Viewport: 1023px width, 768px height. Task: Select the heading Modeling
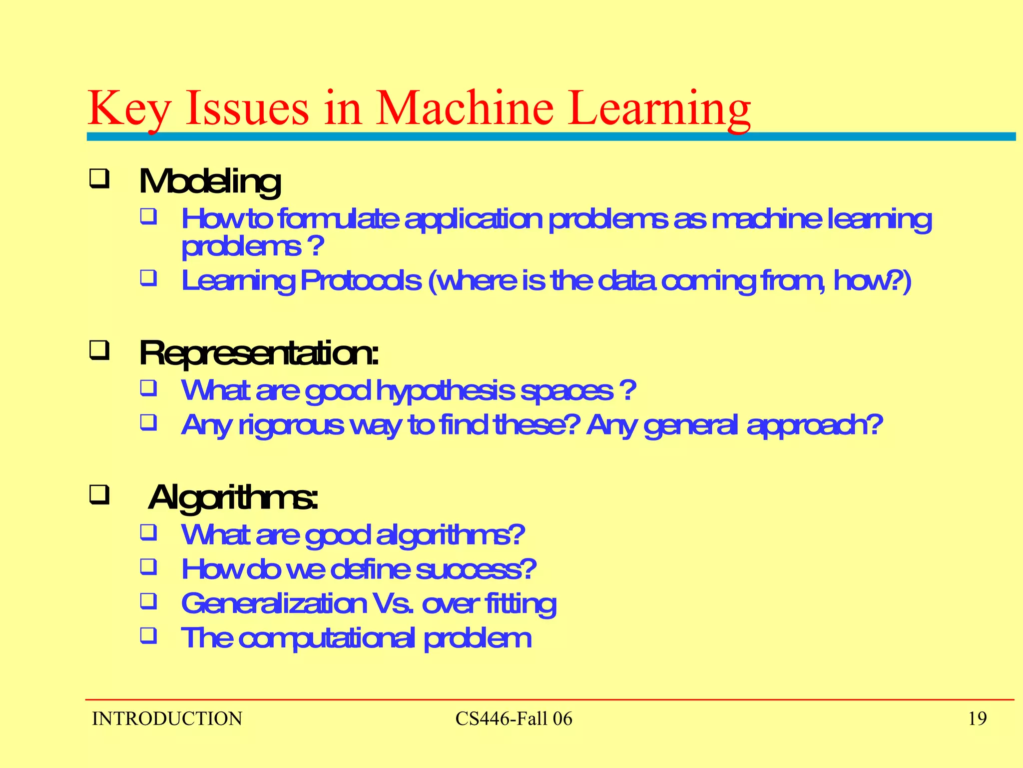coord(210,181)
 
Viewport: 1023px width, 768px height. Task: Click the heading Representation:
coord(259,353)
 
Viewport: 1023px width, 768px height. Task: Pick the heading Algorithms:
coord(233,497)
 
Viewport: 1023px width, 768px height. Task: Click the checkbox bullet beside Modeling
coord(99,178)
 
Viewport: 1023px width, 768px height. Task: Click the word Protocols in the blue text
coord(360,280)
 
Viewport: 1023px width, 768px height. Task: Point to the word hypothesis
coord(445,390)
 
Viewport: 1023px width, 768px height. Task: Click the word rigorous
coord(291,425)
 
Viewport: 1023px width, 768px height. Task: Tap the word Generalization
coord(274,603)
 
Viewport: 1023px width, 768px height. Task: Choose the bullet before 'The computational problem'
coord(148,635)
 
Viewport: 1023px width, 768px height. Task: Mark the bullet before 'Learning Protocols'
coord(148,278)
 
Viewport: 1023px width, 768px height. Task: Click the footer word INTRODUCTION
coord(167,718)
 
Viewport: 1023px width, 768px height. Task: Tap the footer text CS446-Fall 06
coord(513,718)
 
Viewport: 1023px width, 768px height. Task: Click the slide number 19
coord(977,718)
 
